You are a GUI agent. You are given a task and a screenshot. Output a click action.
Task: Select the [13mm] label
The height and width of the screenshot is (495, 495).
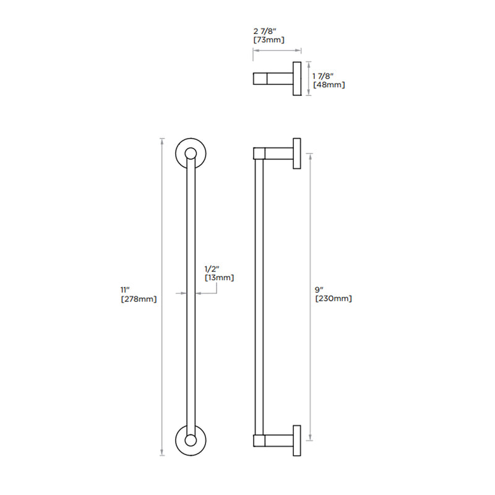220,278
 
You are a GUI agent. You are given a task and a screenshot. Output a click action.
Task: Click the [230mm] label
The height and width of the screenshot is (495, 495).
334,299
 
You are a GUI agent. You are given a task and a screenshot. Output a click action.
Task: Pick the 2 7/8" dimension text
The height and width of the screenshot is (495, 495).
266,30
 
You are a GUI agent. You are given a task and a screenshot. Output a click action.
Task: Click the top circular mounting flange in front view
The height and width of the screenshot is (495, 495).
190,152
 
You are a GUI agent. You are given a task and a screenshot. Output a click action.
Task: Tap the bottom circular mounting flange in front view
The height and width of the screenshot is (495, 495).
190,441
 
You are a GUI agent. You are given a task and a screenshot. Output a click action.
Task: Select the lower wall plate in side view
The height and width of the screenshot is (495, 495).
297,441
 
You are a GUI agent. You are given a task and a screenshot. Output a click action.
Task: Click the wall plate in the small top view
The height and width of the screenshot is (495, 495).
296,79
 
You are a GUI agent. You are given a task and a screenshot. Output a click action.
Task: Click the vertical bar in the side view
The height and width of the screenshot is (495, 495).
259,297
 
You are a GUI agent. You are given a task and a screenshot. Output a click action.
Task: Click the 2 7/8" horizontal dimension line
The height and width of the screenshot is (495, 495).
277,51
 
